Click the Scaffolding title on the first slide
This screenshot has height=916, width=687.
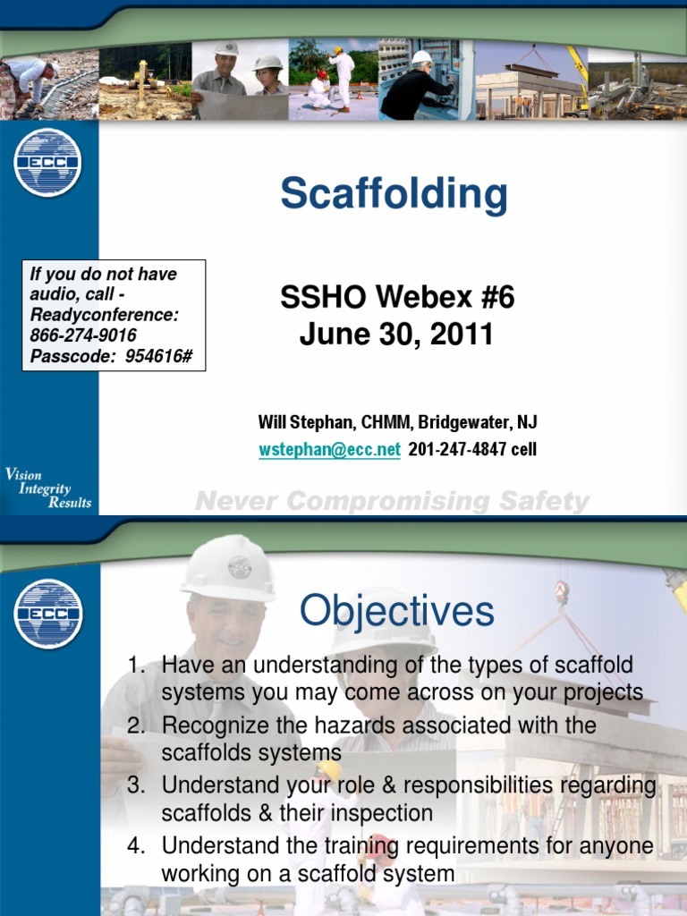(394, 194)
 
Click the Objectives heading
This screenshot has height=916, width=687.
(396, 612)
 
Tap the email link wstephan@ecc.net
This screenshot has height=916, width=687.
(329, 449)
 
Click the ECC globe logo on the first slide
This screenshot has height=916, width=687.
(47, 163)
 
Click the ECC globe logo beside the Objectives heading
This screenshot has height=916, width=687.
(47, 614)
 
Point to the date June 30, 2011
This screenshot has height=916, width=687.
(396, 335)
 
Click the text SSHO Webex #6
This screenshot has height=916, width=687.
(397, 298)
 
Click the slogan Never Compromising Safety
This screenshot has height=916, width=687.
(392, 502)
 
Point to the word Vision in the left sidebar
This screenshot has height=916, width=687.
(24, 475)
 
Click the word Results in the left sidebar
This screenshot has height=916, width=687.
(69, 502)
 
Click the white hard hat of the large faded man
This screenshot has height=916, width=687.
(229, 568)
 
